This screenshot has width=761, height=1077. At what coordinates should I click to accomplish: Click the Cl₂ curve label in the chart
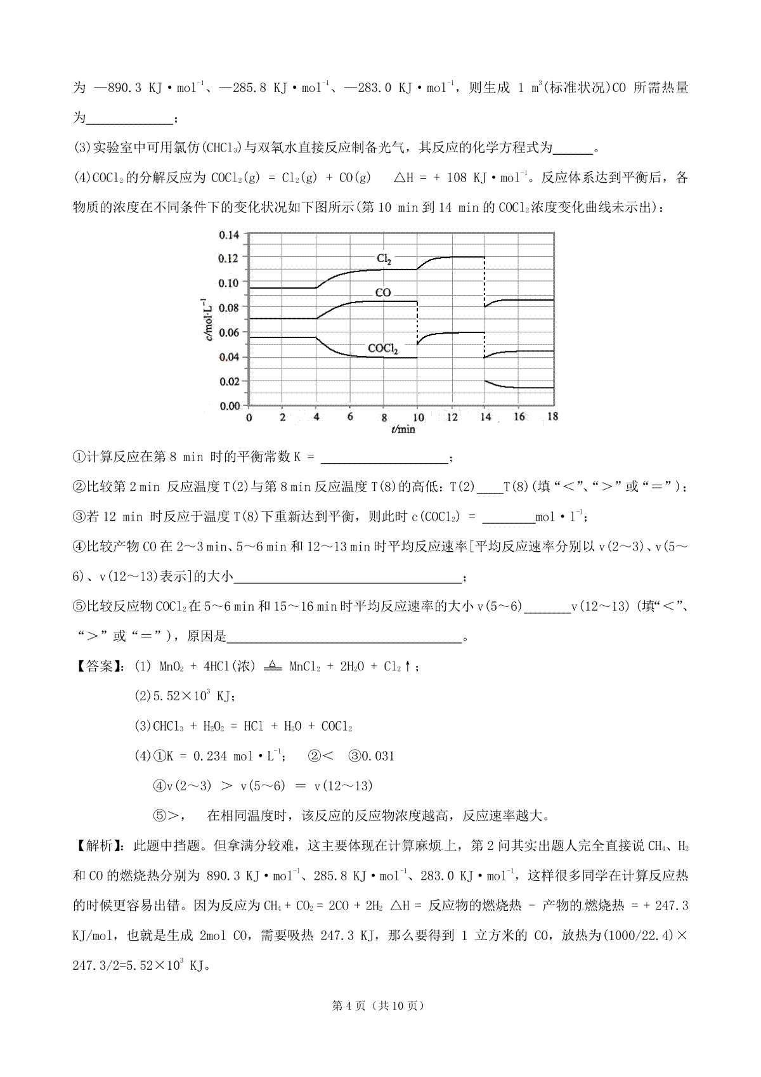point(384,259)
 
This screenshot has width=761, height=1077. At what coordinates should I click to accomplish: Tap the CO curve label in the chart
point(383,293)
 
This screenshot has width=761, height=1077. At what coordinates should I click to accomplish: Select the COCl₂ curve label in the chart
point(383,348)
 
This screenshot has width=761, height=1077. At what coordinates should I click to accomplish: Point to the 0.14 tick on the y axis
point(229,235)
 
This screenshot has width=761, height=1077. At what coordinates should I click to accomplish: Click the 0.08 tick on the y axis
point(229,308)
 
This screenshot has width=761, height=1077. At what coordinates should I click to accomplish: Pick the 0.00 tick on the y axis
point(229,405)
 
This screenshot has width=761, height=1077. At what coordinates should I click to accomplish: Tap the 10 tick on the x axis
point(417,417)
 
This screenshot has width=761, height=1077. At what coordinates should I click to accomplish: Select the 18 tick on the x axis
point(552,417)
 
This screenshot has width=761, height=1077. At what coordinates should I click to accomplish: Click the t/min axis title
point(403,429)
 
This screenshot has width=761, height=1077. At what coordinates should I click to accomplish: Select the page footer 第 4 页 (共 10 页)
point(380,1006)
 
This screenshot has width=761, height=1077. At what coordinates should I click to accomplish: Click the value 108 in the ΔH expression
point(457,178)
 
